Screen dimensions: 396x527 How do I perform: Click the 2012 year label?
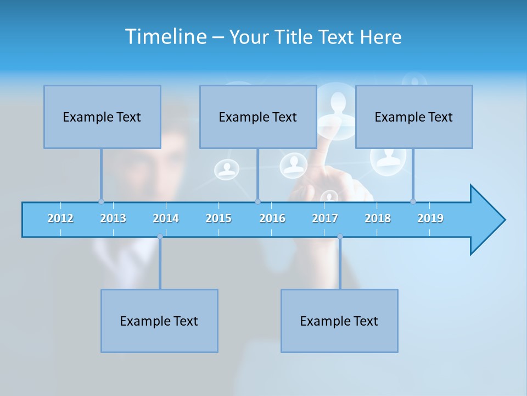pyautogui.click(x=60, y=218)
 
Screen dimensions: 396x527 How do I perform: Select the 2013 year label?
pyautogui.click(x=113, y=218)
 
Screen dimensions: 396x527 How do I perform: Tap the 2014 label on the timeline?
pyautogui.click(x=166, y=218)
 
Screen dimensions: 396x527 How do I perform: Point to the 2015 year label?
pyautogui.click(x=218, y=218)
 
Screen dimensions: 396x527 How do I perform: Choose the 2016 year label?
pyautogui.click(x=272, y=218)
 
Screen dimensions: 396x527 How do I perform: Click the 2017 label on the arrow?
pyautogui.click(x=325, y=218)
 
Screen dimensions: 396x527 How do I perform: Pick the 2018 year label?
pyautogui.click(x=378, y=218)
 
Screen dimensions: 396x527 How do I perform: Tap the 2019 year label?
pyautogui.click(x=430, y=218)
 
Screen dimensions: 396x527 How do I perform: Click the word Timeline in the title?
pyautogui.click(x=165, y=37)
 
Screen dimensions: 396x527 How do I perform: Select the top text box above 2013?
pyautogui.click(x=102, y=117)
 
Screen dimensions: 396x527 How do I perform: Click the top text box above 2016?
pyautogui.click(x=258, y=117)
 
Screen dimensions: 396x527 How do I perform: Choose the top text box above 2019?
pyautogui.click(x=414, y=117)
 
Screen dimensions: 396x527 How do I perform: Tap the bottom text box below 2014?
pyautogui.click(x=159, y=321)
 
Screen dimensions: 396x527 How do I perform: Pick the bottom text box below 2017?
pyautogui.click(x=339, y=321)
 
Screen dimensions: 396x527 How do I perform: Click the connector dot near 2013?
pyautogui.click(x=101, y=201)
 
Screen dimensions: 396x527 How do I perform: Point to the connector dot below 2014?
pyautogui.click(x=160, y=237)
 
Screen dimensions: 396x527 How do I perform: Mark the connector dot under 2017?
pyautogui.click(x=340, y=237)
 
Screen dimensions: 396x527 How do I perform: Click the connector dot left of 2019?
pyautogui.click(x=413, y=201)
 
